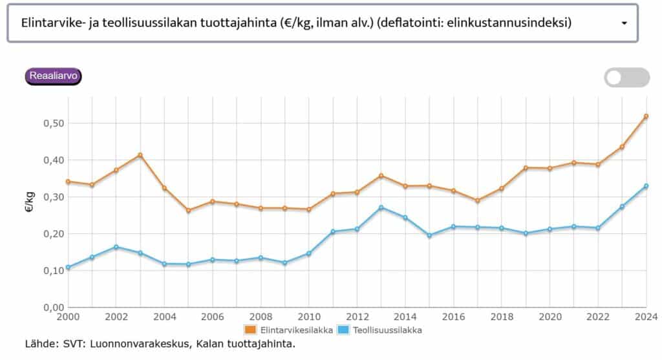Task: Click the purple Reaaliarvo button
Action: [54, 76]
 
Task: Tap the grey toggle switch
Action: [626, 78]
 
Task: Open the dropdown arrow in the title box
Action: [624, 23]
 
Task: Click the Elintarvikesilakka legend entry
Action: [289, 330]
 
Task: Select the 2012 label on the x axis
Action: [357, 317]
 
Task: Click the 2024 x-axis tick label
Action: [646, 317]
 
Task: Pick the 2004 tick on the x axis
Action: [164, 317]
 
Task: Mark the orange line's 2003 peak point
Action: [140, 155]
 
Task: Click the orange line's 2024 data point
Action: [646, 116]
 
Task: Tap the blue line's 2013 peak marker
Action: [381, 207]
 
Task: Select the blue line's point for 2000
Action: [68, 267]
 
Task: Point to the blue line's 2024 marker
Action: [646, 186]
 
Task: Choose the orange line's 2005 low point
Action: [188, 211]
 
